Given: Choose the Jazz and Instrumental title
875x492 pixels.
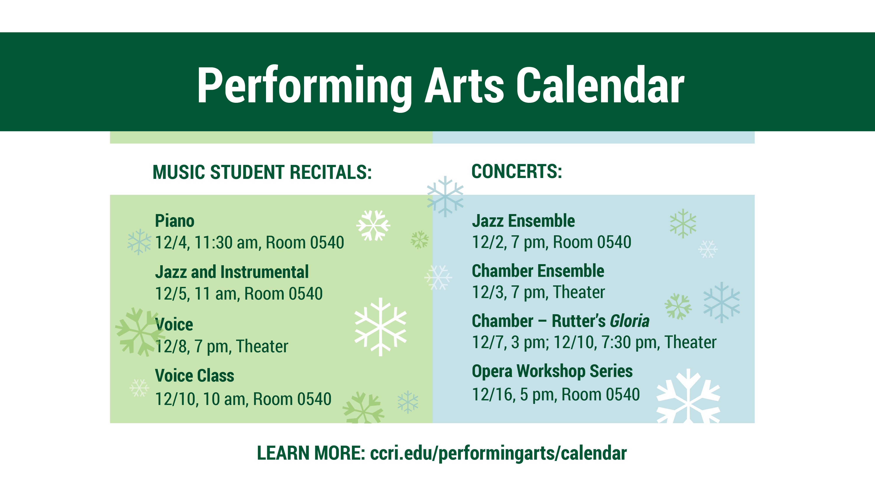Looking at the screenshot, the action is (x=232, y=272).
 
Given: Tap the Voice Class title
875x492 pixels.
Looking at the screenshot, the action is (x=195, y=375).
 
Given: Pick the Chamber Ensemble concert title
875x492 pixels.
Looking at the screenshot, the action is (x=538, y=271).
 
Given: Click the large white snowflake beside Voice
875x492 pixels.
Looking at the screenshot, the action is (x=380, y=327).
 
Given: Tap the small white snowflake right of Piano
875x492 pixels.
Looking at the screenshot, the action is (x=373, y=225).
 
